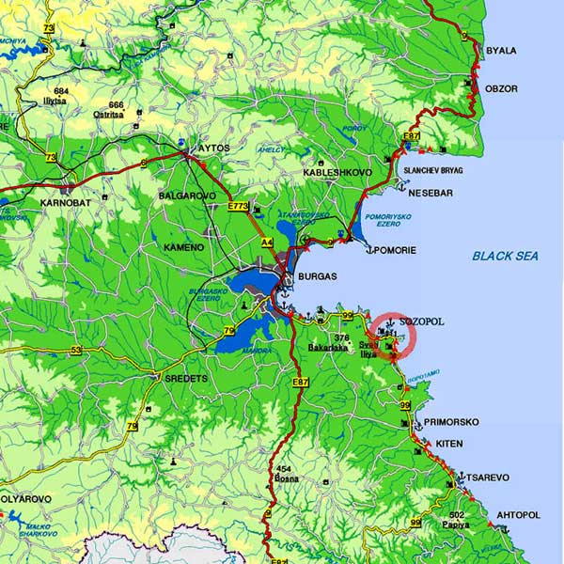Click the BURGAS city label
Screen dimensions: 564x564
[x=317, y=279]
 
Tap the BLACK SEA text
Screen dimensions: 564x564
[x=505, y=256]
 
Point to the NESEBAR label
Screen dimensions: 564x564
[x=431, y=193]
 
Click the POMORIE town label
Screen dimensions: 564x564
[x=395, y=250]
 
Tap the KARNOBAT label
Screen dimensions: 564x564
[x=63, y=202]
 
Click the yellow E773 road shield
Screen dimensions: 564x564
[x=238, y=206]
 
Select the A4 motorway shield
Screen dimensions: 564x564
[x=267, y=243]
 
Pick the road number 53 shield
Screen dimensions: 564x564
[x=76, y=351]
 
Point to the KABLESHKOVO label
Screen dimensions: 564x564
[x=338, y=174]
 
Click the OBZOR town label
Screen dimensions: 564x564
[x=501, y=88]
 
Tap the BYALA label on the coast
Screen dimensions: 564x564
[x=501, y=51]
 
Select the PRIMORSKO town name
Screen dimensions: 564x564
[x=447, y=422]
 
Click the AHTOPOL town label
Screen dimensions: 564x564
[x=518, y=515]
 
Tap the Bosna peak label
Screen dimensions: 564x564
[x=286, y=479]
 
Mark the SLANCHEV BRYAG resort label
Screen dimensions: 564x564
[x=433, y=170]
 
